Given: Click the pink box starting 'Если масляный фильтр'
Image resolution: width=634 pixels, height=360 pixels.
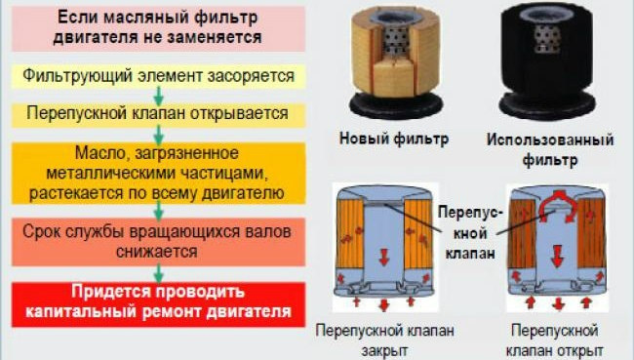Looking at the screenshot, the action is tap(159, 27).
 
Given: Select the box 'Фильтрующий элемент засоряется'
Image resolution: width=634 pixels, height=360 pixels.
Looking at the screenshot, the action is tap(159, 74).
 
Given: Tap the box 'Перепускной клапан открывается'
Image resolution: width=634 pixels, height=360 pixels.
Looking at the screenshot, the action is tap(159, 113).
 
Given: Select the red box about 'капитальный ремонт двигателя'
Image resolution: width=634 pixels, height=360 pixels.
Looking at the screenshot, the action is tap(159, 302).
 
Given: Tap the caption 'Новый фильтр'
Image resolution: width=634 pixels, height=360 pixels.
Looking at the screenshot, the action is tap(394, 140).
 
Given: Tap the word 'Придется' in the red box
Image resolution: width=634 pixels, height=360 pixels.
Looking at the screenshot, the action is tap(104, 293).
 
